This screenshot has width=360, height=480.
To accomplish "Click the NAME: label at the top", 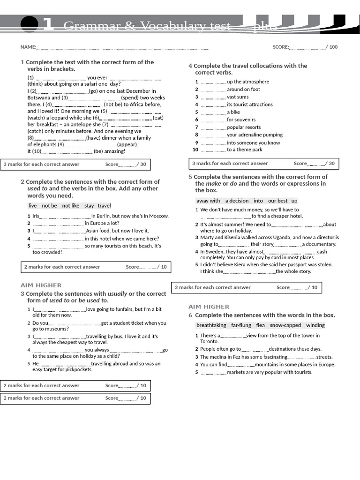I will coord(28,47).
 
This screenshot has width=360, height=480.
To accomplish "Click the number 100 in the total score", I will coord(333,47).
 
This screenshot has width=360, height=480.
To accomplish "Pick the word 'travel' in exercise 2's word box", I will coord(104,206).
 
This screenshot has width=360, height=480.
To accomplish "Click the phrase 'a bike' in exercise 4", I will coord(233,112).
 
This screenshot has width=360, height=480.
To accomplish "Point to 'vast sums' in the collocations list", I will coord(238,97).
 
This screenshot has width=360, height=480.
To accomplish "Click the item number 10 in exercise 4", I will coord(195,150).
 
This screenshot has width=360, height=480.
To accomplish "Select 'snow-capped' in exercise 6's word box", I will coord(285,325).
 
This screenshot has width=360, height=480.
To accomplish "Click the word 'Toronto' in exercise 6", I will coord(210,341).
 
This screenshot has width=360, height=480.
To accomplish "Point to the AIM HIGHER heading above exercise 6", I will coord(209,307).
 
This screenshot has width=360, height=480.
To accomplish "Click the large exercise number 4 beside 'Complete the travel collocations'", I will coord(190,66).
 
